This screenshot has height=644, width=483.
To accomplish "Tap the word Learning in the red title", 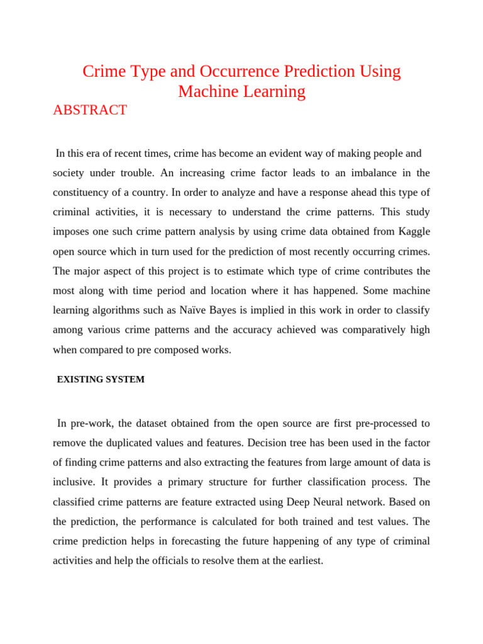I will coord(270,92).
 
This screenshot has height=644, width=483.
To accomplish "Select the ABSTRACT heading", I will coord(90,111).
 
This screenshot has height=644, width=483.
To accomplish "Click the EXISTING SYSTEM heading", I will coord(101,380).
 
